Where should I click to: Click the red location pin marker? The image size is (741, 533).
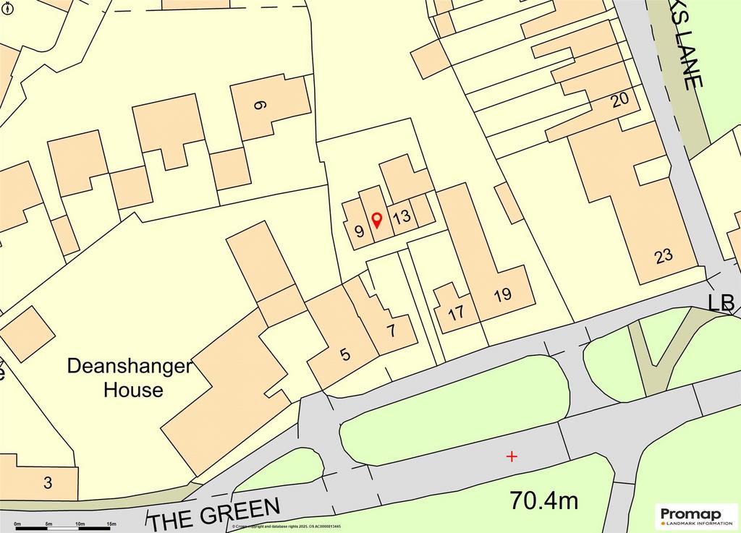(376, 220)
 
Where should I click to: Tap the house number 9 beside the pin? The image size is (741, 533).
(359, 232)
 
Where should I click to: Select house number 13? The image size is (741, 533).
(402, 216)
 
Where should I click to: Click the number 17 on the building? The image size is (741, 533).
(456, 314)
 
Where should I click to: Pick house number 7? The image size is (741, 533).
(391, 333)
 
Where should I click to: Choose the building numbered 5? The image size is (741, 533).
(345, 354)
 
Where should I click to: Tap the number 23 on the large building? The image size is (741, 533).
(663, 255)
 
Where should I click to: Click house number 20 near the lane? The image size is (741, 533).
(619, 101)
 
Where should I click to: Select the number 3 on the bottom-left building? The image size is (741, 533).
(48, 484)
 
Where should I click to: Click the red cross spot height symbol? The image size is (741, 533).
(512, 456)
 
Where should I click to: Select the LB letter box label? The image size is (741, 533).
(722, 302)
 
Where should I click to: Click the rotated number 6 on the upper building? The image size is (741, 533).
(261, 104)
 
